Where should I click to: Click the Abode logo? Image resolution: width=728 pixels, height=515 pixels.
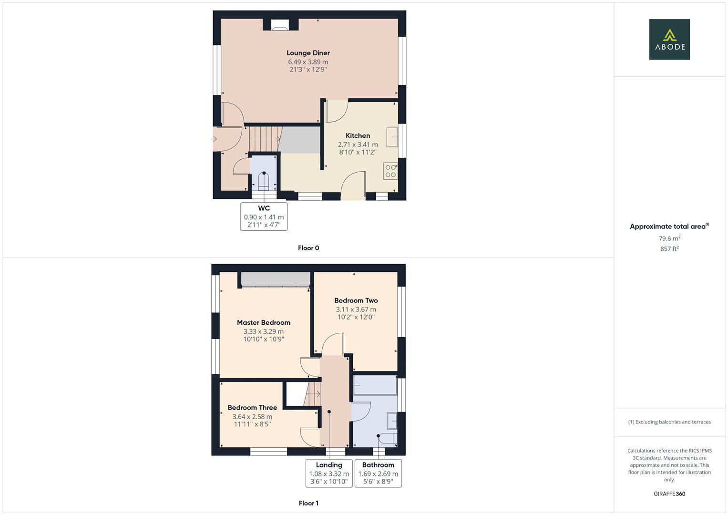tap(669, 40)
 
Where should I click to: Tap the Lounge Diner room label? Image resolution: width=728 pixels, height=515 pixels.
tap(308, 53)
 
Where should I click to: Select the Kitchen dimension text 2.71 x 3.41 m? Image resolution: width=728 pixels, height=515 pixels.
tap(358, 144)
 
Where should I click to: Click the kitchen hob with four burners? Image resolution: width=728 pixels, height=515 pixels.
tap(390, 171)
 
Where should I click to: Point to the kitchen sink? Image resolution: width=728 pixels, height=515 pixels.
tap(392, 137)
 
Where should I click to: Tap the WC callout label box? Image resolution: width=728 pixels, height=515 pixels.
tap(264, 216)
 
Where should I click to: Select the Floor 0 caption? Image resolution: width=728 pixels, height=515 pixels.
tap(308, 248)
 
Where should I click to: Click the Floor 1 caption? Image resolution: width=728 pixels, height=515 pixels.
tap(308, 503)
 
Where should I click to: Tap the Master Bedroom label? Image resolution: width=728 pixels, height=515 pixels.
tap(263, 323)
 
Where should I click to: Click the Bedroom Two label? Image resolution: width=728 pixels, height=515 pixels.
tap(356, 300)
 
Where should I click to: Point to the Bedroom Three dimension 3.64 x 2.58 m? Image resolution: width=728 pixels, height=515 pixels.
tap(252, 417)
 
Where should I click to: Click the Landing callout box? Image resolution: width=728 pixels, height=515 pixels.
tap(329, 473)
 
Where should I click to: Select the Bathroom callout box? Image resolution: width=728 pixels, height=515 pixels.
tap(378, 473)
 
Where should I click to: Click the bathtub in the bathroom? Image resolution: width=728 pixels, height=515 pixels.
tap(375, 385)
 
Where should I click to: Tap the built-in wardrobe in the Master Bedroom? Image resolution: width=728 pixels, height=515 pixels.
tap(275, 279)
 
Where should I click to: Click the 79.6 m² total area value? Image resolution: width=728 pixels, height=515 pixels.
tap(669, 238)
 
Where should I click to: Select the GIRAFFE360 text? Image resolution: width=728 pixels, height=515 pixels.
tap(669, 494)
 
